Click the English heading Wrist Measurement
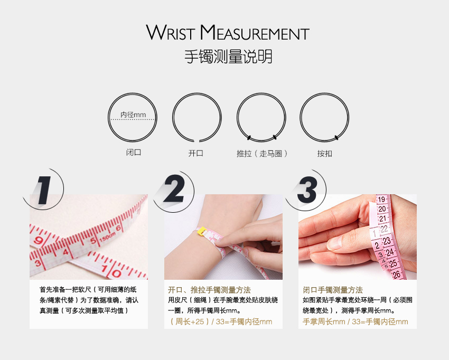tap(228, 32)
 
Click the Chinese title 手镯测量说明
tap(228, 56)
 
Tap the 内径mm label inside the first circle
tap(133, 115)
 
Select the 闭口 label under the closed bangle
tap(134, 152)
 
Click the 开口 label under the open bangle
tap(196, 154)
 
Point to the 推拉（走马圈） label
tap(262, 154)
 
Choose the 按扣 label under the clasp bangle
tap(324, 154)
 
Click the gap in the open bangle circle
tap(197, 141)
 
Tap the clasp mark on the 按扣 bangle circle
tap(336, 138)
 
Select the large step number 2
tap(174, 189)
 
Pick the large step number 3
tap(307, 190)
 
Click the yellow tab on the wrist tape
tap(201, 231)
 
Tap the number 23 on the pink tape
tap(387, 241)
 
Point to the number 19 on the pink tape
tap(381, 199)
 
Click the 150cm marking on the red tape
tap(108, 236)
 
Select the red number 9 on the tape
tap(39, 240)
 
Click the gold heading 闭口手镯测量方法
tap(333, 290)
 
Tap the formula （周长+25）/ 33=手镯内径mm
tap(220, 321)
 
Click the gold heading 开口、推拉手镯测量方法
tap(209, 290)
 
